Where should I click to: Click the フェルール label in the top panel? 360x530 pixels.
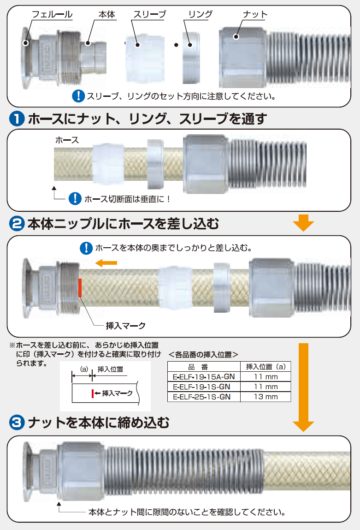52,15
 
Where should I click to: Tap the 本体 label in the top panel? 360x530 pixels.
107,15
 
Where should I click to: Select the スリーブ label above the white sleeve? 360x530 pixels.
150,15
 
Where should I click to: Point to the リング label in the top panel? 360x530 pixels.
200,15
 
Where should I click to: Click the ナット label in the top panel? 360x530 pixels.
255,15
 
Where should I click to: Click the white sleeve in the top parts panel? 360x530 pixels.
145,58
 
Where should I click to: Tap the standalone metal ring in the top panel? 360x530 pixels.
191,58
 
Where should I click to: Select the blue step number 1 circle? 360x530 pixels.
17,119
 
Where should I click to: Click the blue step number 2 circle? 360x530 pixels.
17,224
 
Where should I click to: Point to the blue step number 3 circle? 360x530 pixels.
17,423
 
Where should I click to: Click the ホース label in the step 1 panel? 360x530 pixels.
67,140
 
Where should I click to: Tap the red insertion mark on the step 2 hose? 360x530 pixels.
80,287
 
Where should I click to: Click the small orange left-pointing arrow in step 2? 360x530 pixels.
106,262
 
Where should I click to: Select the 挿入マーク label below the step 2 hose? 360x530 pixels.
126,326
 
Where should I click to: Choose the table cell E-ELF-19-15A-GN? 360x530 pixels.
204,377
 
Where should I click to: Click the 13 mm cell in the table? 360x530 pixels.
266,397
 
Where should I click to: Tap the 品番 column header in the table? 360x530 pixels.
198,367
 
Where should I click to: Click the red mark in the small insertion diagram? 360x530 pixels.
93,393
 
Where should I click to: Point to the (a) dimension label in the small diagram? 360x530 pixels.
84,369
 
